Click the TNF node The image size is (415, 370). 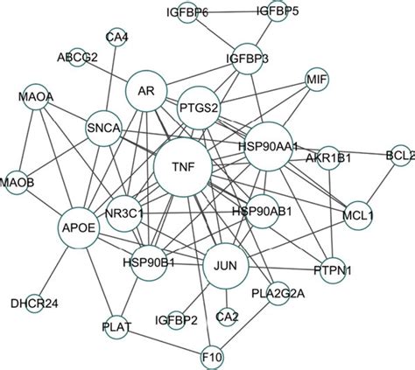point(183,167)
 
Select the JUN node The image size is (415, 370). point(226,266)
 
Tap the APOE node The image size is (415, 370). point(79,227)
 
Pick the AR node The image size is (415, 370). point(146,91)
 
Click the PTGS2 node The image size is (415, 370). point(199,108)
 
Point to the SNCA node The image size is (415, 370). point(103,129)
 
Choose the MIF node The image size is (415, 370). point(317,80)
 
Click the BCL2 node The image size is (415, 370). point(401,156)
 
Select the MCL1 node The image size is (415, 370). point(358,216)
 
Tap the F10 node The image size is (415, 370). point(212,357)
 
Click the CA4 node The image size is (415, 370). point(116,37)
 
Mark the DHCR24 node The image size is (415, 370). point(34,304)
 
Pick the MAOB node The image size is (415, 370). point(17,183)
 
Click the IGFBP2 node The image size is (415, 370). point(176,320)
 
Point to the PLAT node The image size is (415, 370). point(116,327)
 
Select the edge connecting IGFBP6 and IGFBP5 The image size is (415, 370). point(232,12)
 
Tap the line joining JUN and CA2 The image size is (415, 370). point(227,298)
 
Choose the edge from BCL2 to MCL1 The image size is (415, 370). point(381,184)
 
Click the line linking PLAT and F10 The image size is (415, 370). point(165,342)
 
